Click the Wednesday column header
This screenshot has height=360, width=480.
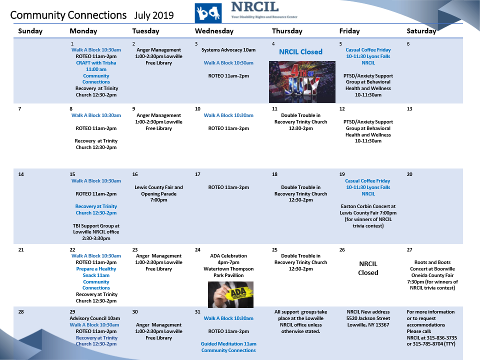tap(214, 31)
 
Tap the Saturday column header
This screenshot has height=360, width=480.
tap(421, 31)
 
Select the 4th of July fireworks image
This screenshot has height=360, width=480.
tap(302, 82)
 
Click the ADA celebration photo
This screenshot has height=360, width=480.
tap(230, 294)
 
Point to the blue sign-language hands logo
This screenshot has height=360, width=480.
tap(208, 13)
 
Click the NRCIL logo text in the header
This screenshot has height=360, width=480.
tap(254, 6)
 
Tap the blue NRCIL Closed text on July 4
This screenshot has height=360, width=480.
tap(300, 51)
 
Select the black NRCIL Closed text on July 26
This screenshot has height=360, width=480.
tap(368, 268)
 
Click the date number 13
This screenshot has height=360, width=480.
tap(409, 108)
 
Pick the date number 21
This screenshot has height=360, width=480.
tap(21, 250)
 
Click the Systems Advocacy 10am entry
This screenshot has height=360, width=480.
tap(228, 50)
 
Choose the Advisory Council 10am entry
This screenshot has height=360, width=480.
tap(95, 318)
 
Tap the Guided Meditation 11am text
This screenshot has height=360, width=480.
tap(228, 344)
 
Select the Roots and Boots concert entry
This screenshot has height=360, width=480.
tap(432, 275)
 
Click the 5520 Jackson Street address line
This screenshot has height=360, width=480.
tap(368, 318)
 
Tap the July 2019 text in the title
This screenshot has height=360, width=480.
tap(153, 15)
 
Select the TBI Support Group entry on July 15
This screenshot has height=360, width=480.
tap(96, 232)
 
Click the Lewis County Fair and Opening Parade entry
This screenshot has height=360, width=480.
tap(158, 193)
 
